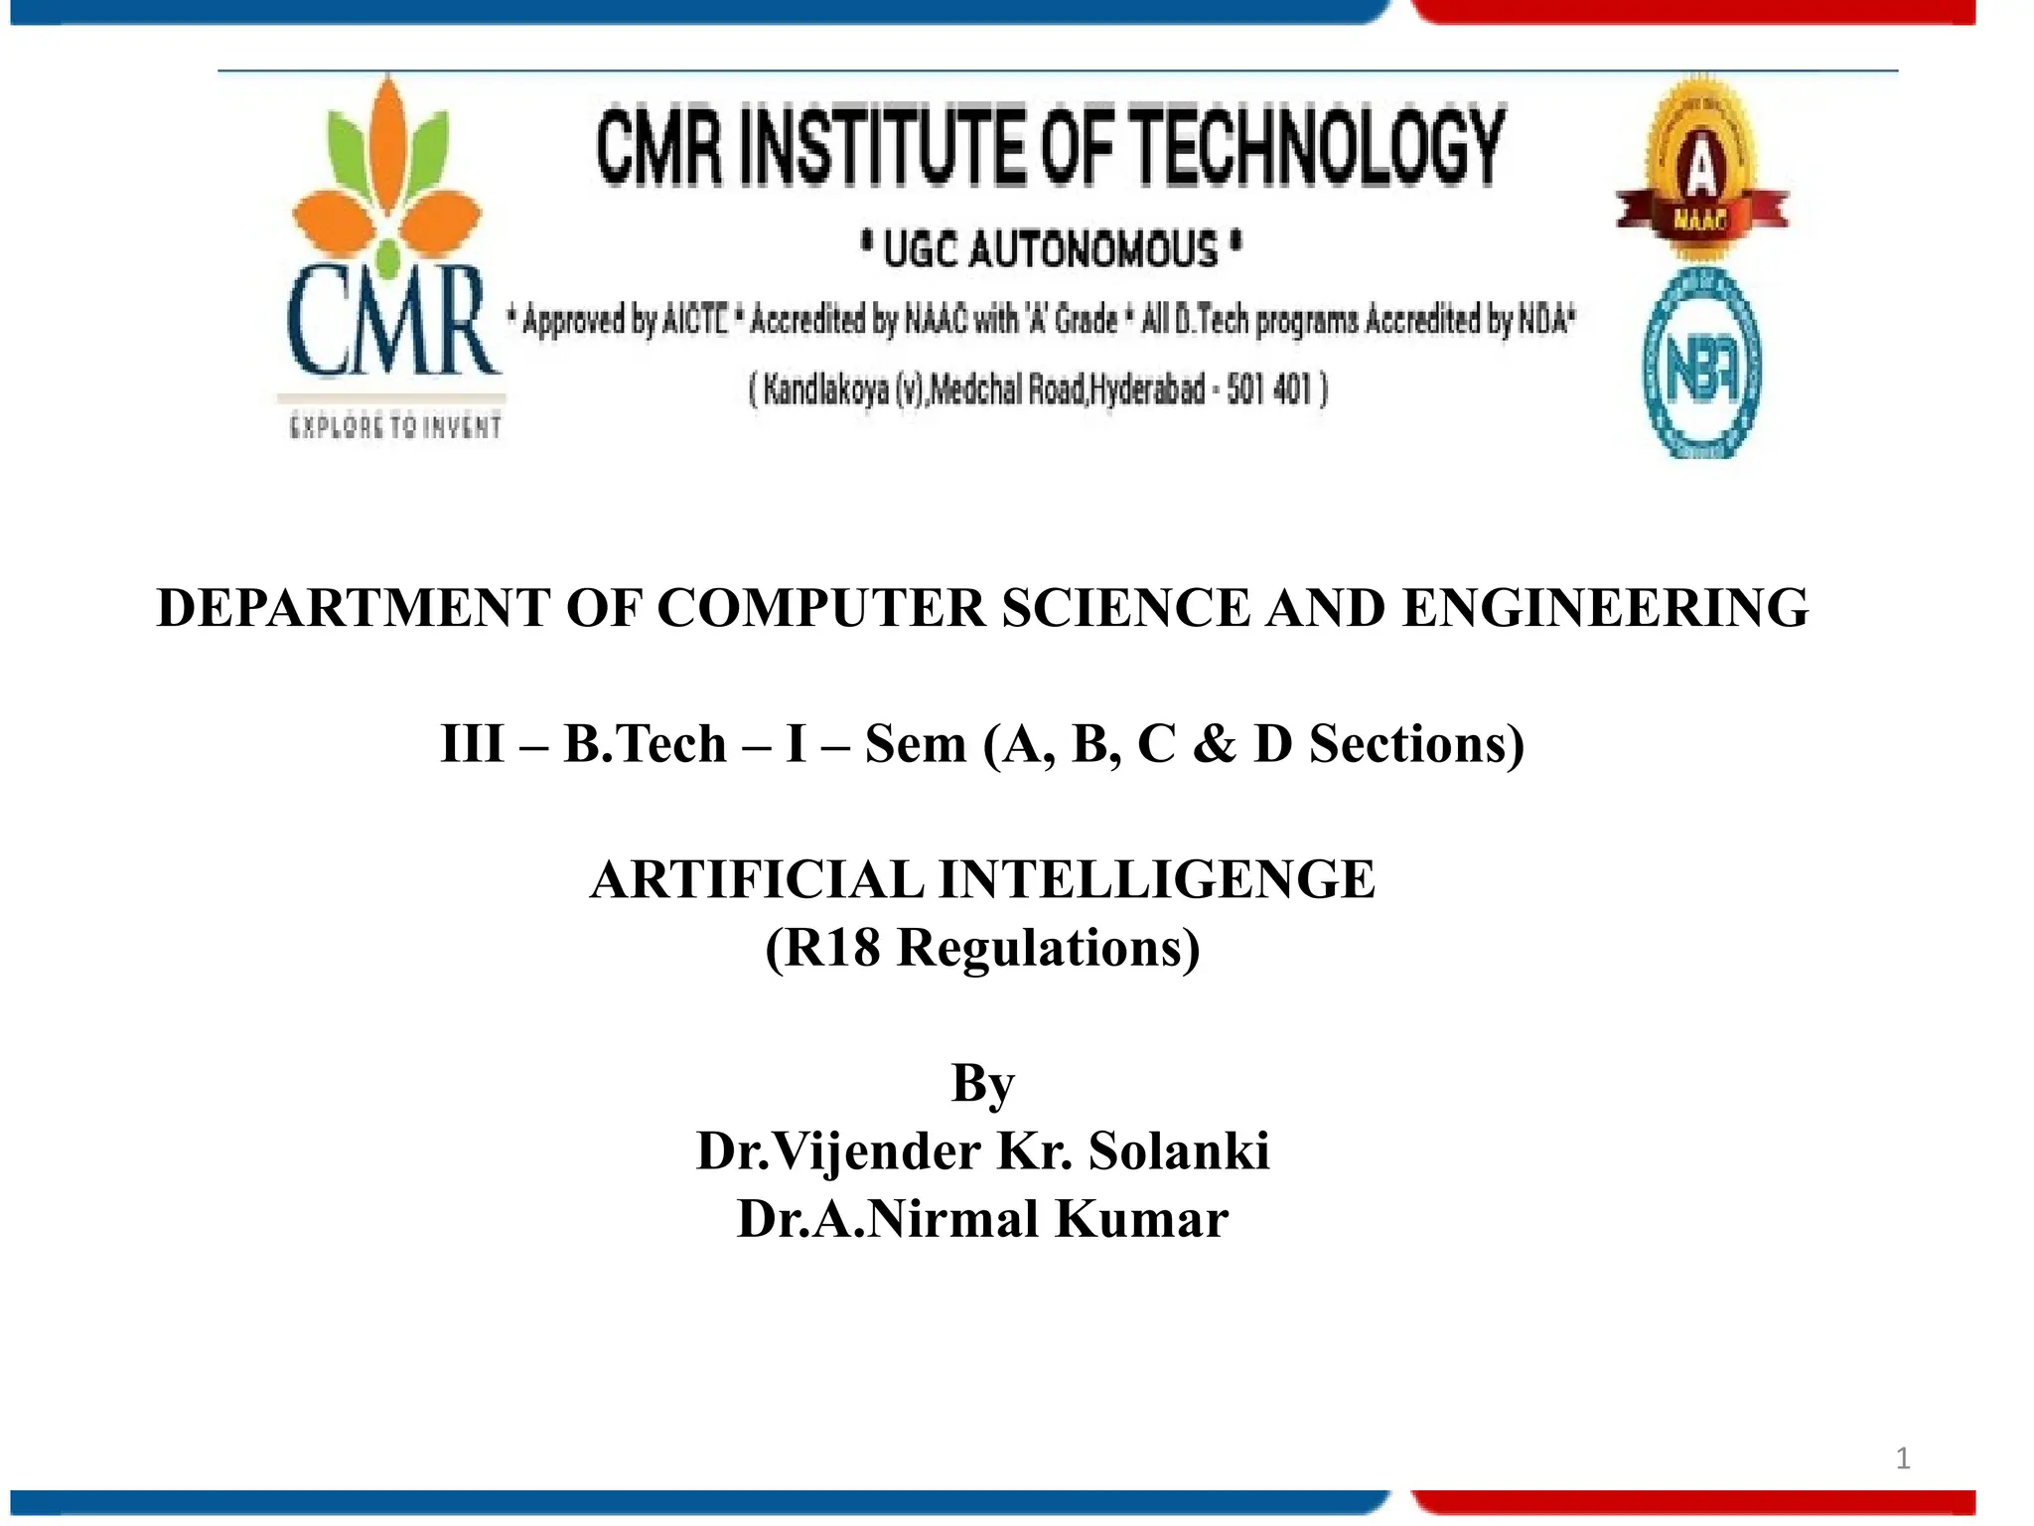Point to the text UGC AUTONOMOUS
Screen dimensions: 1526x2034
1051,248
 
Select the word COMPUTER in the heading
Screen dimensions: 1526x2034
821,608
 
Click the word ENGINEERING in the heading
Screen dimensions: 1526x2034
1605,608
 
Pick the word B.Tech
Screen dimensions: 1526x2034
646,744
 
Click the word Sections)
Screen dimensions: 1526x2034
1416,744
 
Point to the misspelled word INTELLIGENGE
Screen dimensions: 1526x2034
1157,880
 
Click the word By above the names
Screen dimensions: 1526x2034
982,1083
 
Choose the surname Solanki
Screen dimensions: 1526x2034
1179,1151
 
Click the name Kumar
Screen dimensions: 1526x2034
1141,1219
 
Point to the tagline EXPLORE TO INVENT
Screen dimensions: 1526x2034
395,428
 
